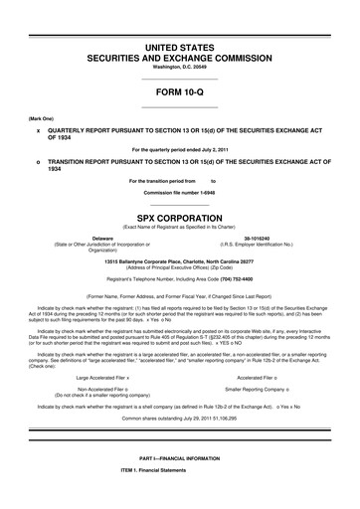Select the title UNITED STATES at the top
(x=180, y=48)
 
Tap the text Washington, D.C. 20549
(x=180, y=67)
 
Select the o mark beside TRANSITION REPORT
(x=38, y=162)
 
